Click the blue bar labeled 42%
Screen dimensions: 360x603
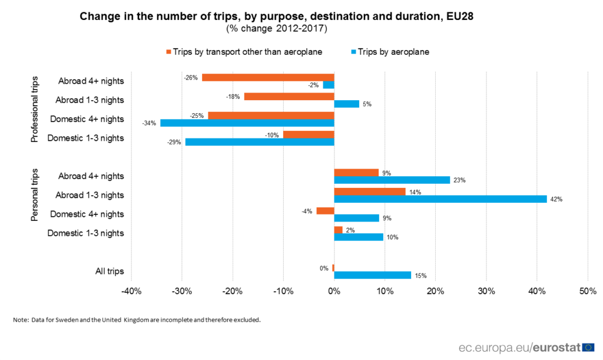pyautogui.click(x=440, y=199)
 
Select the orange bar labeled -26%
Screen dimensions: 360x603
pyautogui.click(x=268, y=77)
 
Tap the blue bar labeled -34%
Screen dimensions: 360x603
pyautogui.click(x=247, y=123)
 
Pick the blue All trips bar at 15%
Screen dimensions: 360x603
pyautogui.click(x=373, y=275)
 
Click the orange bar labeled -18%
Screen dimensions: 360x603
pyautogui.click(x=289, y=97)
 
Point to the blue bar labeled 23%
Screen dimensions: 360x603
pyautogui.click(x=392, y=180)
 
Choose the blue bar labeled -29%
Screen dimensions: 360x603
pyautogui.click(x=260, y=142)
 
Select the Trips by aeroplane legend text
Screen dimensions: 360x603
pyautogui.click(x=393, y=51)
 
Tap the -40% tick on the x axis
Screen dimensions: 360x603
pyautogui.click(x=131, y=292)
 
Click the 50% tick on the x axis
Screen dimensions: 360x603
pyautogui.click(x=588, y=292)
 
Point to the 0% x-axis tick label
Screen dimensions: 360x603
pyautogui.click(x=334, y=292)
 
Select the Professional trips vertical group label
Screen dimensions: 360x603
pyautogui.click(x=35, y=110)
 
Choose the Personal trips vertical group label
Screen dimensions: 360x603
pyautogui.click(x=35, y=196)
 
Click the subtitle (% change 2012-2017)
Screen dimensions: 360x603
pyautogui.click(x=276, y=28)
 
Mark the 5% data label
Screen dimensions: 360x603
pyautogui.click(x=366, y=104)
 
